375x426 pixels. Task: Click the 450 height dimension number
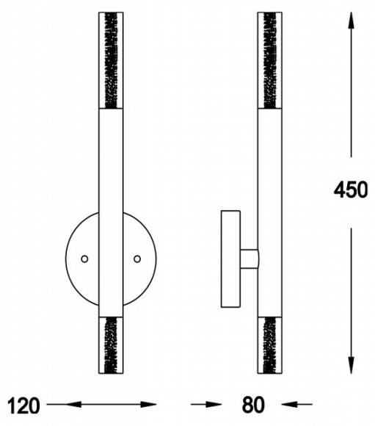(351, 189)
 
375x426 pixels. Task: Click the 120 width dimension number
(23, 405)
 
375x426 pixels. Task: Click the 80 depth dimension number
(252, 405)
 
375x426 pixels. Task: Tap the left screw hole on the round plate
(84, 259)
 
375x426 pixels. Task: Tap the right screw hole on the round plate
(137, 259)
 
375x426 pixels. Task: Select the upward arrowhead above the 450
(351, 20)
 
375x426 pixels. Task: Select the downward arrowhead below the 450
(351, 366)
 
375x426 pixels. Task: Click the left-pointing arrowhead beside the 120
(73, 404)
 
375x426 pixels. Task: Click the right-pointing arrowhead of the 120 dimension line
(148, 404)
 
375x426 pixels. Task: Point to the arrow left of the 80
(206, 404)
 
